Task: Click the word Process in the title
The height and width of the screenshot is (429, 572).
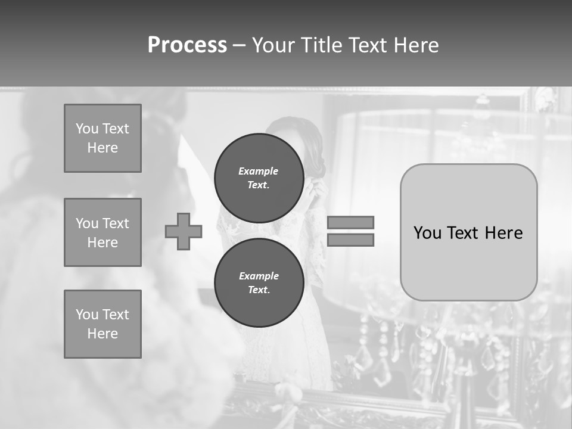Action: coord(187,45)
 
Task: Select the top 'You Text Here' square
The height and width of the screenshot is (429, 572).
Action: coord(102,138)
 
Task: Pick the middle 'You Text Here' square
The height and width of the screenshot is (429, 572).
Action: coord(102,232)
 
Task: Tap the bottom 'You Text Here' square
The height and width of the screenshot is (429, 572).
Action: coord(102,324)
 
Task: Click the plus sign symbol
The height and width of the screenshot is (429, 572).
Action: coord(184,231)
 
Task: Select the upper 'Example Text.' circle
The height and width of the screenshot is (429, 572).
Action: coord(259,178)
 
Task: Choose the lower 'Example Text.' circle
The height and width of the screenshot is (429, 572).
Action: coord(259,283)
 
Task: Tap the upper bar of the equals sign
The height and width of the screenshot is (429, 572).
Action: coord(350,222)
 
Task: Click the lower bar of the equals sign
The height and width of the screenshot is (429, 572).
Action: coord(350,240)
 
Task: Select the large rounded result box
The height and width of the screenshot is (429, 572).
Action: coord(468,232)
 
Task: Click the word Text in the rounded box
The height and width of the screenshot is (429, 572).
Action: coord(463,233)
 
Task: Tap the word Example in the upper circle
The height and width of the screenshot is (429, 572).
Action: coord(259,171)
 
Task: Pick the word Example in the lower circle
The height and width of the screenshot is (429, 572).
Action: coord(259,276)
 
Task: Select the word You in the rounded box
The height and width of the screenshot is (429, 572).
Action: coord(427,233)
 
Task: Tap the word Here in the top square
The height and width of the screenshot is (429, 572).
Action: coord(102,148)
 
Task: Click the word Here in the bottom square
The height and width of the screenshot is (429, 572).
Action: coord(102,334)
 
